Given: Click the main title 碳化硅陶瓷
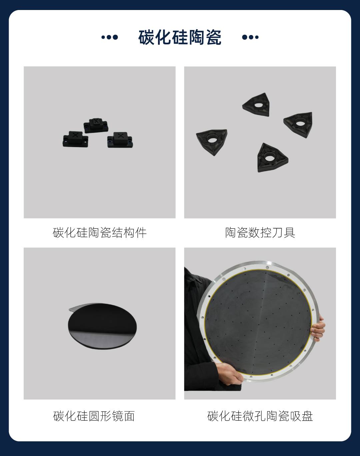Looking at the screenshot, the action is pos(180,37).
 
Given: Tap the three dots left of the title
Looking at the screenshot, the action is pos(109,37).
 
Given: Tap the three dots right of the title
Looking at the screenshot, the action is pos(250,37).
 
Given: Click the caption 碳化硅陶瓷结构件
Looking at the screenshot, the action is pos(100,233).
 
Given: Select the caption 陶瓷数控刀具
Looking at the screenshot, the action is pos(260,233).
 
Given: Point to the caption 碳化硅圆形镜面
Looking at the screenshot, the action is pos(94,416).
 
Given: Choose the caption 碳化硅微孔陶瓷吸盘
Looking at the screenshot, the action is pos(260,416).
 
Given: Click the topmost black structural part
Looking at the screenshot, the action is pos(96,125).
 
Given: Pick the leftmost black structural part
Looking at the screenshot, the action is pos(75,139).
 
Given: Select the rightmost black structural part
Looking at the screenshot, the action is pos(120,140).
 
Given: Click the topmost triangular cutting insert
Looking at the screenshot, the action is pos(257,105).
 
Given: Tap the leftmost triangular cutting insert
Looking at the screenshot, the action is pos(212,141).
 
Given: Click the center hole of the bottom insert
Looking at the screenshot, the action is pos(269,158).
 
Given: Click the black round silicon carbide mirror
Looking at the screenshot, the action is pos(102,328).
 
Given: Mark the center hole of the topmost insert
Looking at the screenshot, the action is pos(258,105).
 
